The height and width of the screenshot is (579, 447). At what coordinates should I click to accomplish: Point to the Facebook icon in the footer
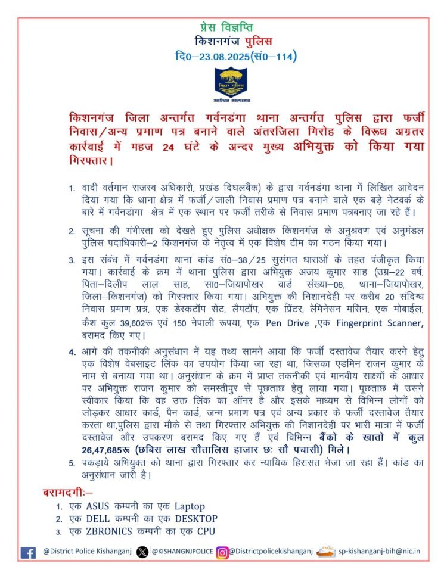tap(28, 552)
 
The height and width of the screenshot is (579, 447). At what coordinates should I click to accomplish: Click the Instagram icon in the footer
tap(222, 552)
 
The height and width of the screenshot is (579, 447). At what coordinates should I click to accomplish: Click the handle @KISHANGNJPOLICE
tap(182, 552)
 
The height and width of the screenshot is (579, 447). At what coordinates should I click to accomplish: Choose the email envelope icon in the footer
tap(325, 552)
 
